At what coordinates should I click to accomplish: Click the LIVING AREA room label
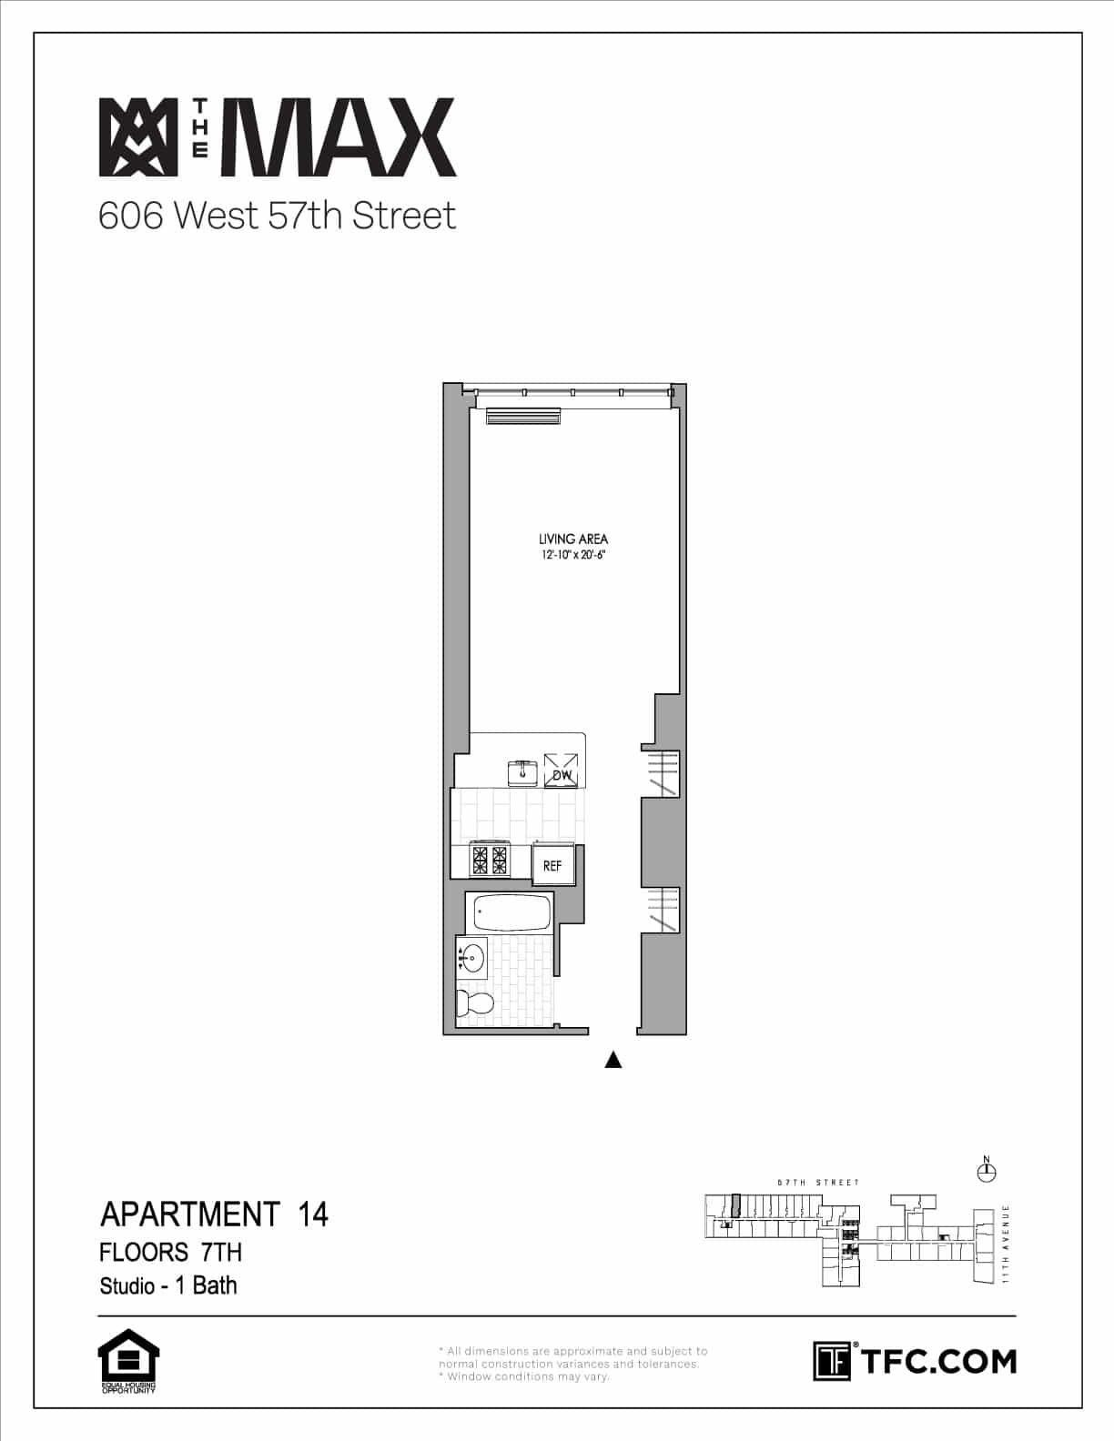tap(572, 539)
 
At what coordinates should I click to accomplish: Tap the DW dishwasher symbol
tap(561, 771)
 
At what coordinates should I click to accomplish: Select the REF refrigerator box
tap(553, 865)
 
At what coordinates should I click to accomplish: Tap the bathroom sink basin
tap(472, 957)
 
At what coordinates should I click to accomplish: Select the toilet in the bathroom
tap(473, 1003)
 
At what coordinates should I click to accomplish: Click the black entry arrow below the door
tap(613, 1059)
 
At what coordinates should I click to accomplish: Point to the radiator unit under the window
tap(522, 417)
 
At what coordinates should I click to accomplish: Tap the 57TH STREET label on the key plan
tap(817, 1183)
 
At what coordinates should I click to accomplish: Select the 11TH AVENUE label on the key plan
tap(1007, 1243)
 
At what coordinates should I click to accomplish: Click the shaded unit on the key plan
tap(735, 1205)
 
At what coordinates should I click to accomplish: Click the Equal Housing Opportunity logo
tap(128, 1361)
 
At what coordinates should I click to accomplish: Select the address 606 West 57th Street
tap(277, 216)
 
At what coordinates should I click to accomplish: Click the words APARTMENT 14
tap(214, 1214)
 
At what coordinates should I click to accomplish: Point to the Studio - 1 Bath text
tap(168, 1285)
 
